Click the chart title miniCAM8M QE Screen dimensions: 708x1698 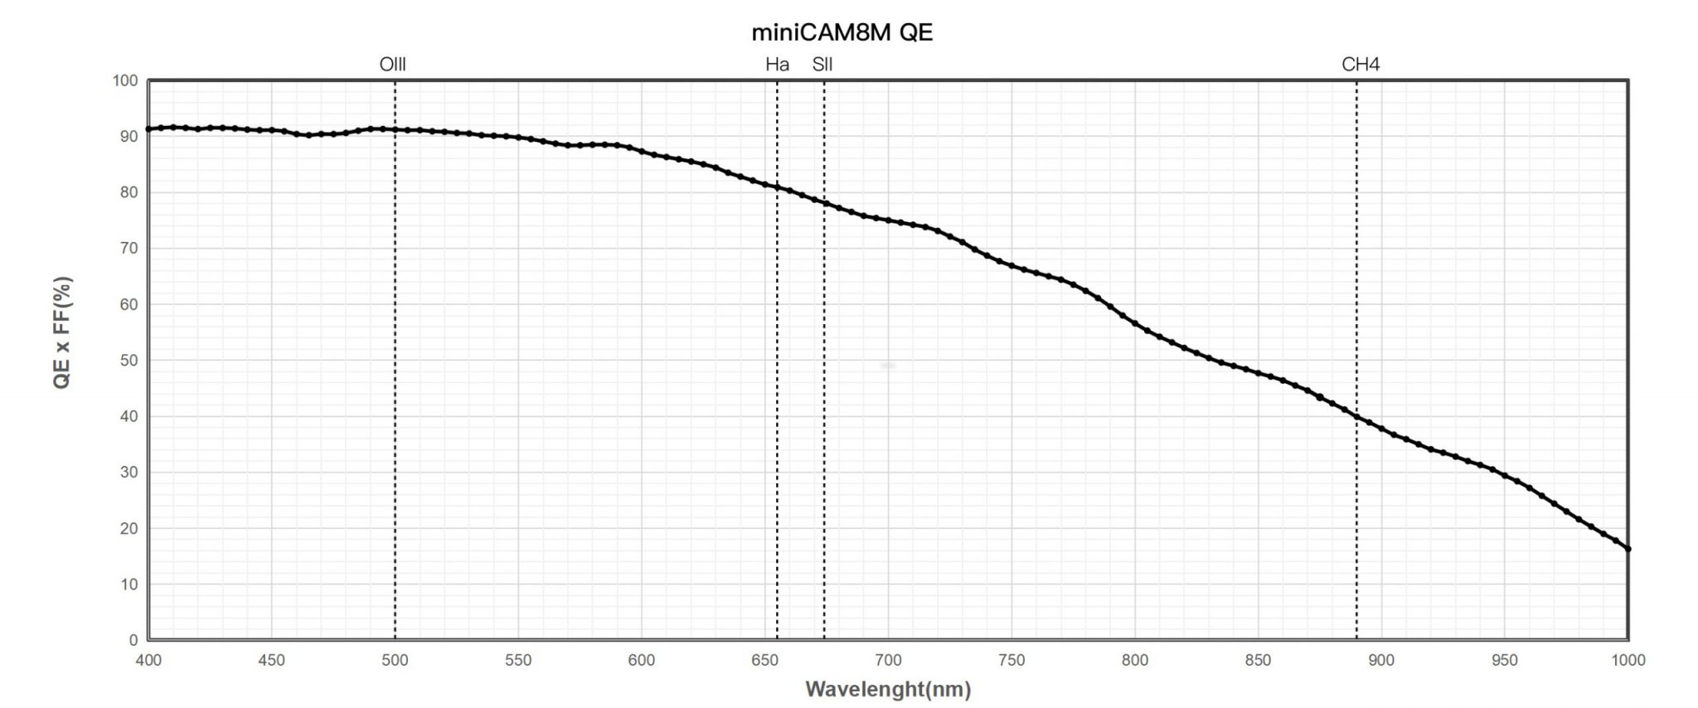pos(842,33)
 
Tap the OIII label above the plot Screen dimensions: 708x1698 pos(392,65)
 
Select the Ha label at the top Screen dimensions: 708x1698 pos(777,65)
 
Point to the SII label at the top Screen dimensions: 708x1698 pos(822,65)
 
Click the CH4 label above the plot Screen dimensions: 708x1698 pos(1361,65)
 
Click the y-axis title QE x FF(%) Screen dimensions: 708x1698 pos(63,332)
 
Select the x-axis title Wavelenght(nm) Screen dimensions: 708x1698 pos(887,689)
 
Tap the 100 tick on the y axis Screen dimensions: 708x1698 pos(125,81)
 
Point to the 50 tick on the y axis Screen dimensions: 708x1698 pos(129,361)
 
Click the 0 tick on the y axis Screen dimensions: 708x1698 pos(133,640)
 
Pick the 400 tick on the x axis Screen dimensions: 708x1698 pos(148,661)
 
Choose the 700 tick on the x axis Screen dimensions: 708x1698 pos(888,661)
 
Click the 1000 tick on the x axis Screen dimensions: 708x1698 pos(1628,661)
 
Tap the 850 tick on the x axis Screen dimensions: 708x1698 pos(1258,661)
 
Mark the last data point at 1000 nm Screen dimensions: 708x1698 pos(1628,549)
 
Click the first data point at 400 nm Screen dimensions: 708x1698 pos(148,129)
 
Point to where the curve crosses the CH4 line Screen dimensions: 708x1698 pos(1356,416)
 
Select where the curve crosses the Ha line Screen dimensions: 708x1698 pos(777,187)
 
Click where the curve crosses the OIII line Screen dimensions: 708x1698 pos(395,129)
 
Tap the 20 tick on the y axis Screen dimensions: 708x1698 pos(129,528)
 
